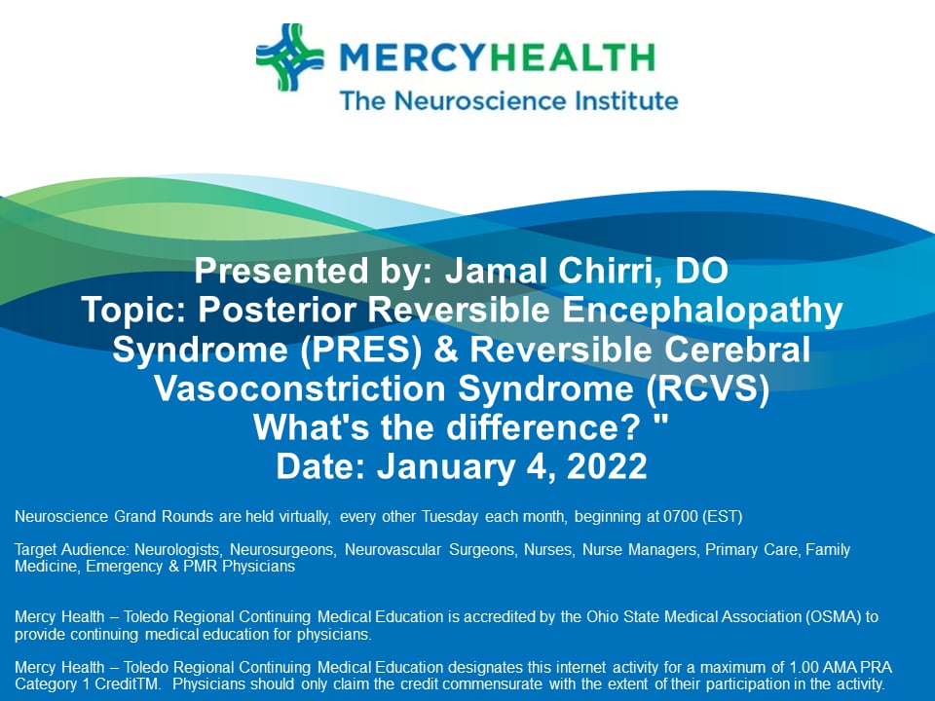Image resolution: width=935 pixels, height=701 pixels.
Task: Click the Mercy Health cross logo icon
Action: [x=290, y=57]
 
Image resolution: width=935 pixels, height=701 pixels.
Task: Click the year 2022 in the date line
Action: [x=600, y=465]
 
